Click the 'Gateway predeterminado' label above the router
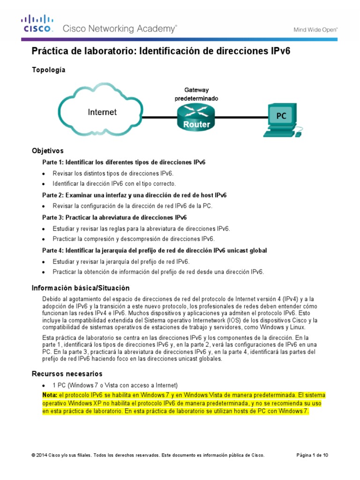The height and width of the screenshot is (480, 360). click(196, 94)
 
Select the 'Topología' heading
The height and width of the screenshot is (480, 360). click(48, 70)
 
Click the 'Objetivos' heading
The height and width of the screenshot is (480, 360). click(47, 151)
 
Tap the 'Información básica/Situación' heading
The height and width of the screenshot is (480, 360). click(80, 288)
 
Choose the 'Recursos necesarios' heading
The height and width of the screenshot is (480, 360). click(67, 374)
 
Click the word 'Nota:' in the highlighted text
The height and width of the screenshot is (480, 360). click(50, 395)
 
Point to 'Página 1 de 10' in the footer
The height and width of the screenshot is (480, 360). click(313, 455)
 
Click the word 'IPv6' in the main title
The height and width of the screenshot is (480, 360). click(280, 51)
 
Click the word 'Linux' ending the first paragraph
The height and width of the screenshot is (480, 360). click(296, 327)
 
